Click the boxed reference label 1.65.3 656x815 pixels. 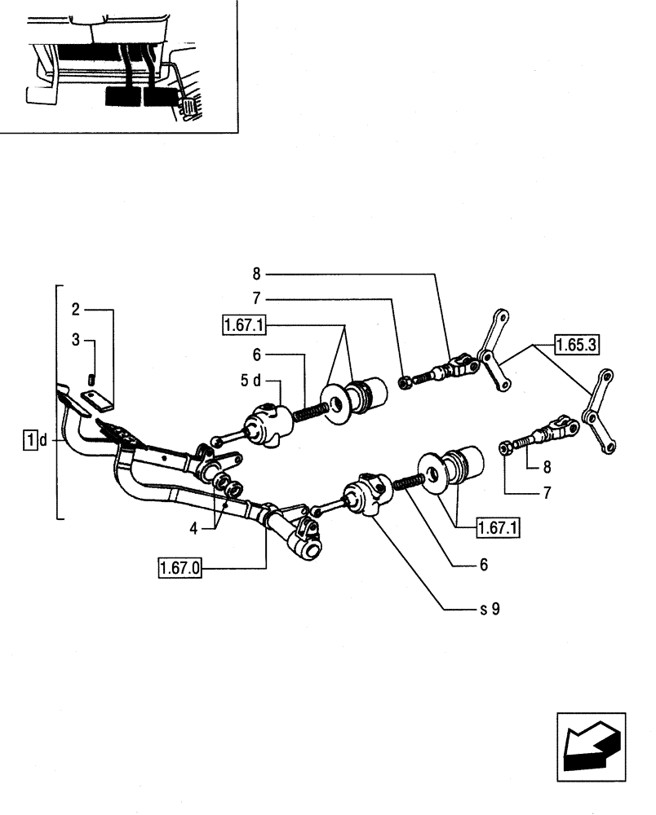(578, 345)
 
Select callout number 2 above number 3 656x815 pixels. (75, 309)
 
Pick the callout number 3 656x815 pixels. (75, 340)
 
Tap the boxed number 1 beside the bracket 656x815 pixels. (30, 441)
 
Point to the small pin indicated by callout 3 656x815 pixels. (91, 378)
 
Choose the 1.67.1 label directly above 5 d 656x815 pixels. (243, 326)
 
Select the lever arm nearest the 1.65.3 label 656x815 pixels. (496, 351)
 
